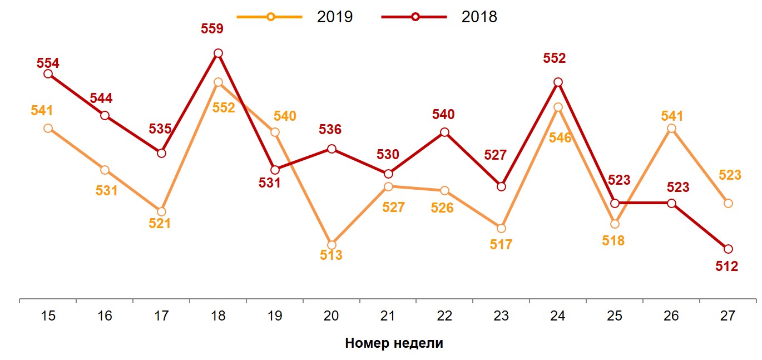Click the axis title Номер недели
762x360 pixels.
(x=394, y=343)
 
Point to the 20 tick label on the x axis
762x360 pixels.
(x=331, y=316)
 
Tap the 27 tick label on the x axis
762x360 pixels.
(x=728, y=316)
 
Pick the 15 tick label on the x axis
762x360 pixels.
(x=48, y=316)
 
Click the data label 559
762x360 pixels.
(x=212, y=29)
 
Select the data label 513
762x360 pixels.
(x=331, y=256)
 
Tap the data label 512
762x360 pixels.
(x=726, y=267)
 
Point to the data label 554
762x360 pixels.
(x=48, y=63)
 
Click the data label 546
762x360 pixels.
(x=560, y=138)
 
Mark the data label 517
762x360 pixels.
(x=501, y=244)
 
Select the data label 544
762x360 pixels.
(x=101, y=98)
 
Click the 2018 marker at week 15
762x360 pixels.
(x=48, y=73)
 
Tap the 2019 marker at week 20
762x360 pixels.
(x=331, y=245)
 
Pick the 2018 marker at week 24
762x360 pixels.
(x=558, y=82)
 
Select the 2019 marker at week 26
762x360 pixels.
(x=671, y=129)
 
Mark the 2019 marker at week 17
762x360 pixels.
(x=161, y=211)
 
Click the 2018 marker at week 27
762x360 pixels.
(x=728, y=249)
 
